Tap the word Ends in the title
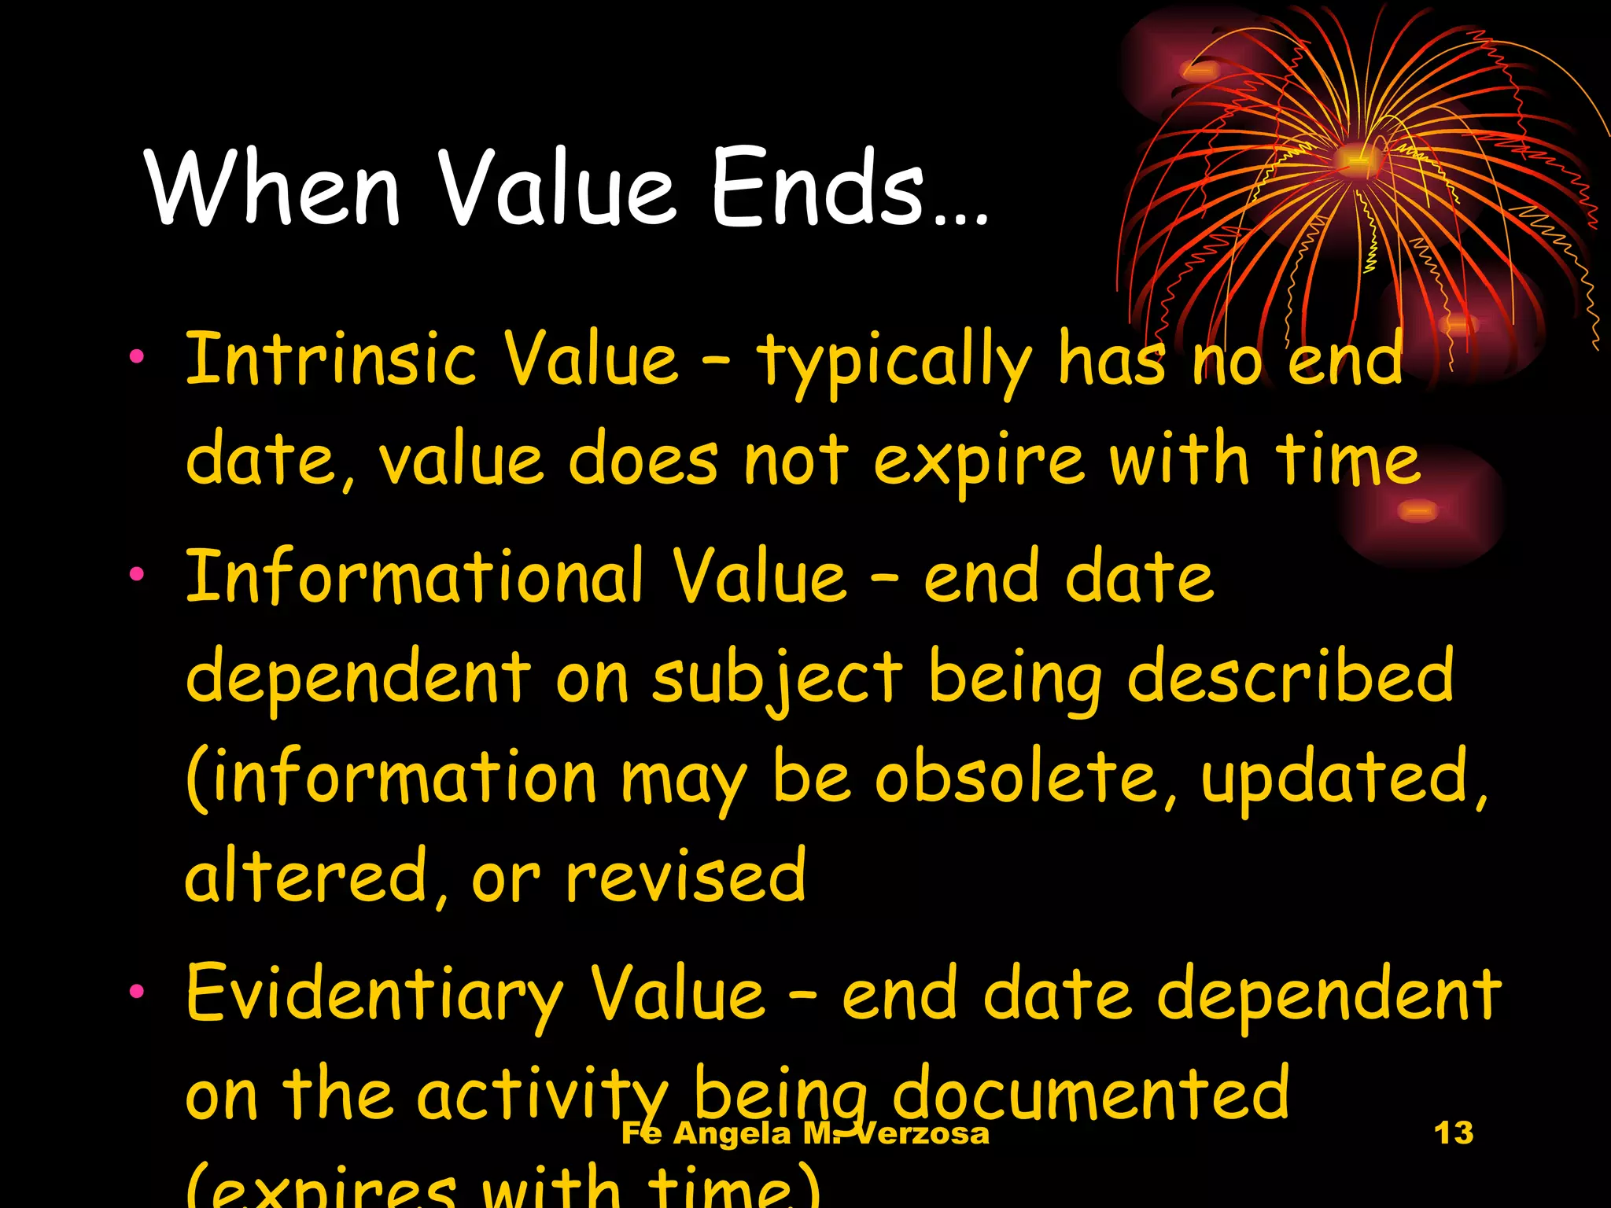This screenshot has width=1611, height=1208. tap(818, 189)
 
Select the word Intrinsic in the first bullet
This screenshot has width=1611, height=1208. tap(330, 360)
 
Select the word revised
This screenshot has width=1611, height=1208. tap(686, 878)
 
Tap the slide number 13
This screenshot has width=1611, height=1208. tap(1454, 1133)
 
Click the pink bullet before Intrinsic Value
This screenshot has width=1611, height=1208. tap(137, 358)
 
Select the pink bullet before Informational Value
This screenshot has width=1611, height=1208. tap(137, 575)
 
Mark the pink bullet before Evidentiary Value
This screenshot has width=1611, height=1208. tap(137, 992)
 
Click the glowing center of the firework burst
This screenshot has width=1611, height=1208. tap(1356, 160)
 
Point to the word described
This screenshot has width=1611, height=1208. tap(1290, 678)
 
